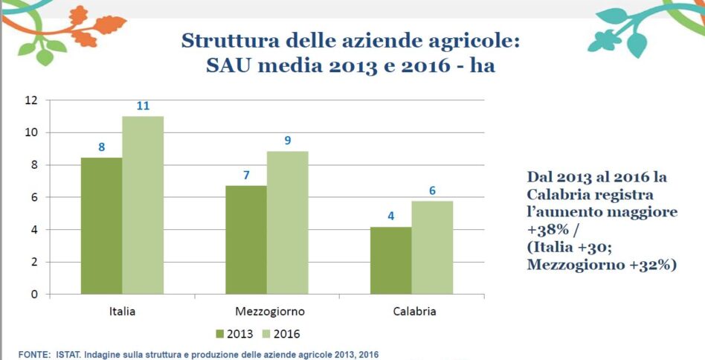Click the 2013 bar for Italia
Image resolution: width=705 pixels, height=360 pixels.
coord(102,225)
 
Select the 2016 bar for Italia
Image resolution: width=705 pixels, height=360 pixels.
coord(143,205)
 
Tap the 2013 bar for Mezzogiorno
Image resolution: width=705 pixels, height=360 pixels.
coord(246,240)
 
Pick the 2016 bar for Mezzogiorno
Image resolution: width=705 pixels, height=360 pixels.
coord(287,222)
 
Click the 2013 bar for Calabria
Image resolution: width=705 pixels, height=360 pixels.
coord(391,260)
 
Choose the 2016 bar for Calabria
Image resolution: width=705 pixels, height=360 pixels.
coord(432,247)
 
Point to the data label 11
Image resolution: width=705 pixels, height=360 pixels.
coord(143,106)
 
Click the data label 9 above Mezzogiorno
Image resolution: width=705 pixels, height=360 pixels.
coord(287,141)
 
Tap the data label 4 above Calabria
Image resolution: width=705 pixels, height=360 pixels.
coord(391,216)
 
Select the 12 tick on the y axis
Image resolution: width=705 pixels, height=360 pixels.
coord(31,100)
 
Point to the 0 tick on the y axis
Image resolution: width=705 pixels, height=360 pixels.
coord(34,295)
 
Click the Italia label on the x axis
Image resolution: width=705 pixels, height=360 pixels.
coord(122,311)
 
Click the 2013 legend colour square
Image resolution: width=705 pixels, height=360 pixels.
coord(220,334)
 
